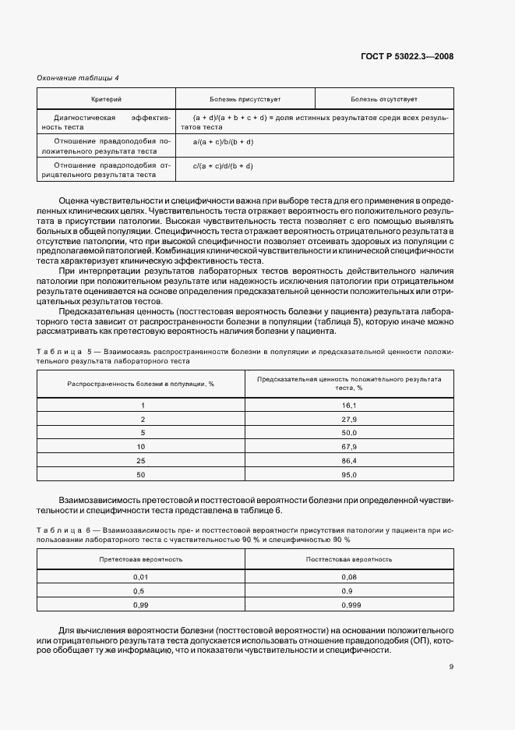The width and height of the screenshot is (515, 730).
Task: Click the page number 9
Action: click(451, 666)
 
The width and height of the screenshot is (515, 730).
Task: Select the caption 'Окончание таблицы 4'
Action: click(79, 77)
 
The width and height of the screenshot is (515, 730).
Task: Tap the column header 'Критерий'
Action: click(106, 99)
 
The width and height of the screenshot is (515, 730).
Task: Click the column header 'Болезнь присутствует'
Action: click(245, 99)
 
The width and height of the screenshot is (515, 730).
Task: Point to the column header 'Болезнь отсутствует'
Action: click(383, 99)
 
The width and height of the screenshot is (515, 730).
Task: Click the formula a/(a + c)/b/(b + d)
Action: click(223, 142)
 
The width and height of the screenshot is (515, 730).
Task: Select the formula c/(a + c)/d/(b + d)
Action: click(223, 166)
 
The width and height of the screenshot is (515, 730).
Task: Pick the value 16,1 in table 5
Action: click(348, 406)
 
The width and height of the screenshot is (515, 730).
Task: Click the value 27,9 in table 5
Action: click(348, 419)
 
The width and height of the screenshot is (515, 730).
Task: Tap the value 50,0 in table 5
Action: click(348, 432)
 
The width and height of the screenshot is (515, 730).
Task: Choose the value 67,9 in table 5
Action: click(348, 446)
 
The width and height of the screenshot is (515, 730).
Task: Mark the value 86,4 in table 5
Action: click(348, 460)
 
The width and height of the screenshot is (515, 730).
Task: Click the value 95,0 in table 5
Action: click(348, 474)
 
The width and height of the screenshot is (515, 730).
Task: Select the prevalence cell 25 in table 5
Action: click(141, 460)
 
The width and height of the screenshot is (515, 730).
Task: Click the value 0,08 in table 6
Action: click(348, 576)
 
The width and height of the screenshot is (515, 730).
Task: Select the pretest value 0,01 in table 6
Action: click(141, 576)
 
